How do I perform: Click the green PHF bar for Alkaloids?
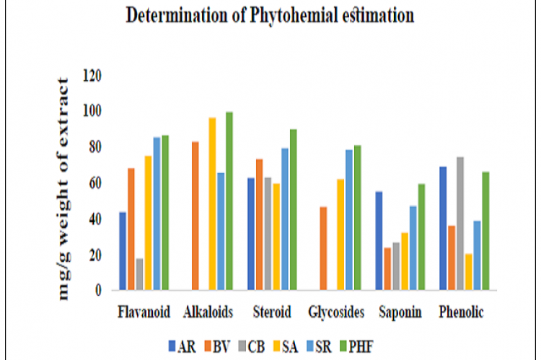coord(229,201)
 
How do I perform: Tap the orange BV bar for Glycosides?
coord(324,248)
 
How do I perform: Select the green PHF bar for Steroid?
coord(293,210)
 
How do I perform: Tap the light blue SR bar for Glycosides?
coord(349,220)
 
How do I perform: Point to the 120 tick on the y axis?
coord(92,76)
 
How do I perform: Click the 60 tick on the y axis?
coord(94,183)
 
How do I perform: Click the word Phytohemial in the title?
coord(283,16)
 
